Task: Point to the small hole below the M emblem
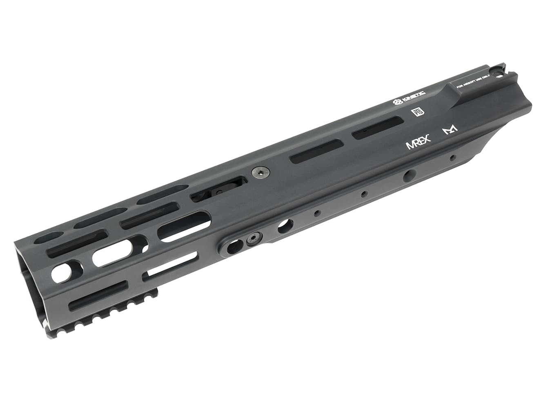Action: (452, 157)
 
